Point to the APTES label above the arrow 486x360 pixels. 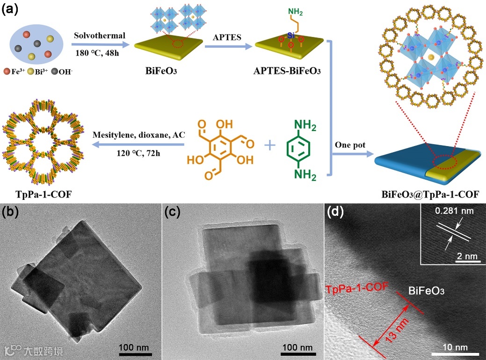point(226,36)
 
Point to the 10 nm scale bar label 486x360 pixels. point(455,347)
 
